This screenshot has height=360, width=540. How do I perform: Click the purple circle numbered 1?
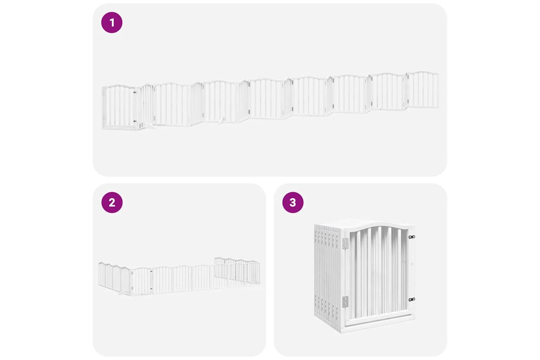click(112, 22)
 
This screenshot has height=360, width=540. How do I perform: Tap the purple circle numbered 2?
click(112, 202)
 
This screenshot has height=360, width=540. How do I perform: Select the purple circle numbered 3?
click(293, 202)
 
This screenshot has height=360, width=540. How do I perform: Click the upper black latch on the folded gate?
click(412, 237)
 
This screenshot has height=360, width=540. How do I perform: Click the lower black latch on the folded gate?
click(412, 300)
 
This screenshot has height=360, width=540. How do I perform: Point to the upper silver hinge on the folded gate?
click(346, 243)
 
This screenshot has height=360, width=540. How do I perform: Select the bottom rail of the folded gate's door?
click(378, 321)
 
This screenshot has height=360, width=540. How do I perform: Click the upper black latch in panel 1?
click(135, 92)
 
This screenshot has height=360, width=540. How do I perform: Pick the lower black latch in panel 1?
click(135, 121)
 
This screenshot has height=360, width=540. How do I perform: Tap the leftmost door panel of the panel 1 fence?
click(118, 107)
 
